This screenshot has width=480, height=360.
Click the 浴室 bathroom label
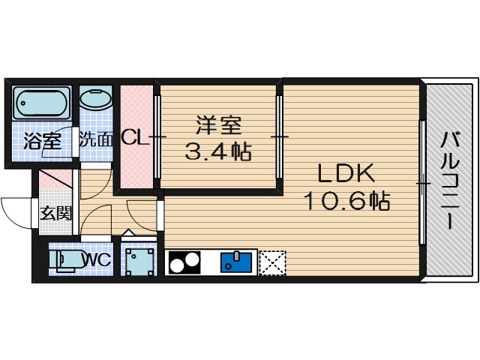pyautogui.click(x=42, y=139)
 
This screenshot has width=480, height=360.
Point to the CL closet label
pyautogui.click(x=133, y=138)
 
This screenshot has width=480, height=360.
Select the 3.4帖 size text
pyautogui.click(x=217, y=151)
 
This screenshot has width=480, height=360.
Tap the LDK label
pyautogui.click(x=345, y=173)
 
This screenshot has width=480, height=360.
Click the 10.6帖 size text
pyautogui.click(x=346, y=201)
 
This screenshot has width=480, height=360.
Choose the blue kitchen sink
pyautogui.click(x=238, y=262)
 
